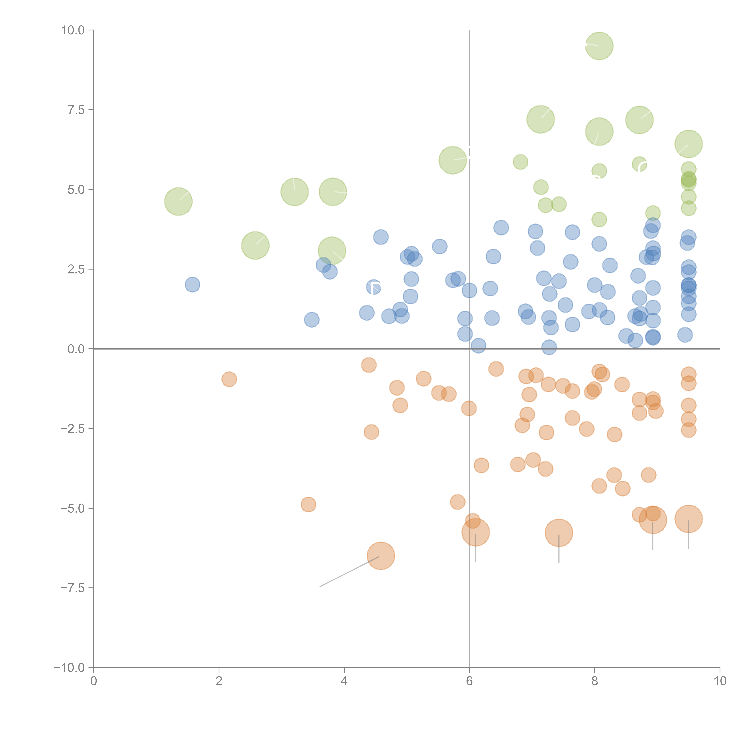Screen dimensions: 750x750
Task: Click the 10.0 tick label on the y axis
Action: pyautogui.click(x=73, y=30)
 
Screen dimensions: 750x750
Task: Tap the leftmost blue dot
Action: pyautogui.click(x=192, y=285)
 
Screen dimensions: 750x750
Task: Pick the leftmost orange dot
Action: pyautogui.click(x=229, y=379)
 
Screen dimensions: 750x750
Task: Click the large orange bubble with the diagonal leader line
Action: pyautogui.click(x=381, y=555)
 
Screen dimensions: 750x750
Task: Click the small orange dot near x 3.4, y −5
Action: pyautogui.click(x=308, y=504)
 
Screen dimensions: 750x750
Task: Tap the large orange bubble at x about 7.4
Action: pyautogui.click(x=559, y=533)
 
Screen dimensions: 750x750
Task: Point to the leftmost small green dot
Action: pyautogui.click(x=520, y=162)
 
